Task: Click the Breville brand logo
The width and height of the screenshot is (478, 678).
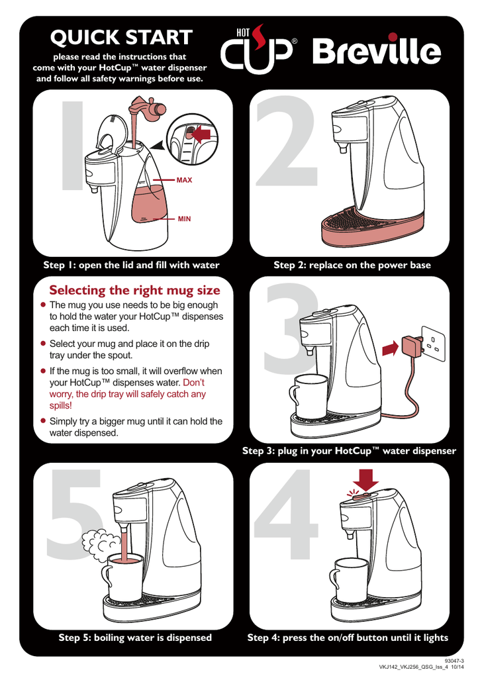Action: coord(377,50)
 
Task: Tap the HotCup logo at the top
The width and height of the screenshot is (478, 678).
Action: coord(258,49)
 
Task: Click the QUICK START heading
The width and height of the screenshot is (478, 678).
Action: coord(121,37)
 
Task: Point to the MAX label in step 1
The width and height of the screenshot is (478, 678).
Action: coord(184,180)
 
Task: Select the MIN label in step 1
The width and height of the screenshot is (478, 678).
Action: coord(184,218)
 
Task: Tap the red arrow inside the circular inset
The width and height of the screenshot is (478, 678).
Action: coord(202,134)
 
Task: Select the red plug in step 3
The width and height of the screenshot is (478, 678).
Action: coord(411,346)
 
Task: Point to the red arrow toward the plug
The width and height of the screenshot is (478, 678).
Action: coord(391,348)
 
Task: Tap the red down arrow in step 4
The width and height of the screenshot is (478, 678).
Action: coord(365,480)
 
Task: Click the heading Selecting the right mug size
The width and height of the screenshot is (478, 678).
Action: coord(134,290)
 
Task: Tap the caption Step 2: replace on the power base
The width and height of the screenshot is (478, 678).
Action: coord(352,265)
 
